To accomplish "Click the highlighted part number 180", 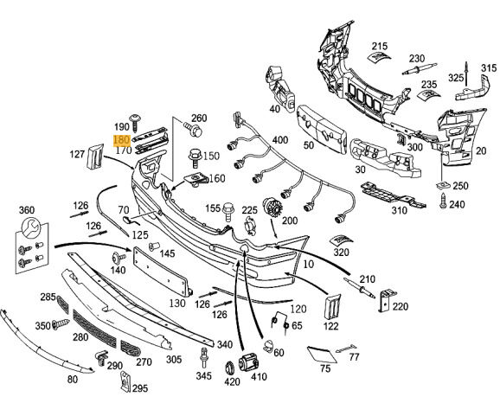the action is (122, 140).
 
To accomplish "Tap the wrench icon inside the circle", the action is (30, 227).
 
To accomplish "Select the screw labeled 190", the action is (135, 123).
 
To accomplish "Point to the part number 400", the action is (280, 140).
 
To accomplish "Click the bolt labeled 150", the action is (195, 157).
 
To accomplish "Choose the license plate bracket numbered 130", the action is (162, 271).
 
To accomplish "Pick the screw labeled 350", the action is (61, 324).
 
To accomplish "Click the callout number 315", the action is (489, 68).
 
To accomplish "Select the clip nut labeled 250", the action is (443, 185).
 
